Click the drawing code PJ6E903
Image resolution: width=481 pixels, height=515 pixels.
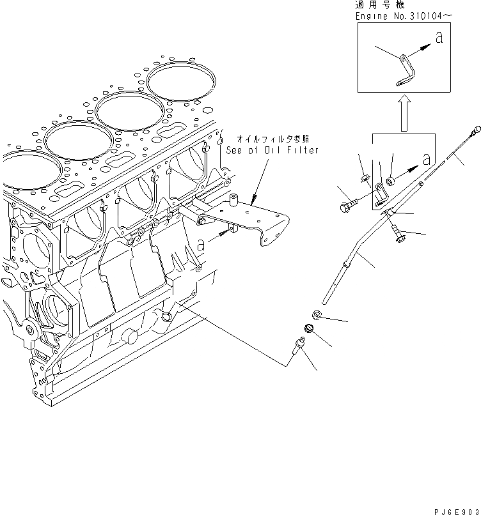[x=452, y=509]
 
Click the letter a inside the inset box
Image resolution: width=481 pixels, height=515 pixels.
[x=439, y=38]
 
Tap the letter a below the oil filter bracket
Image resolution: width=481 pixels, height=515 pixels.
[x=201, y=243]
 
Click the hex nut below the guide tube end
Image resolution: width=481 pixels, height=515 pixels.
[x=317, y=314]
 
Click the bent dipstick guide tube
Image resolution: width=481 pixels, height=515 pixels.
[x=349, y=262]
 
